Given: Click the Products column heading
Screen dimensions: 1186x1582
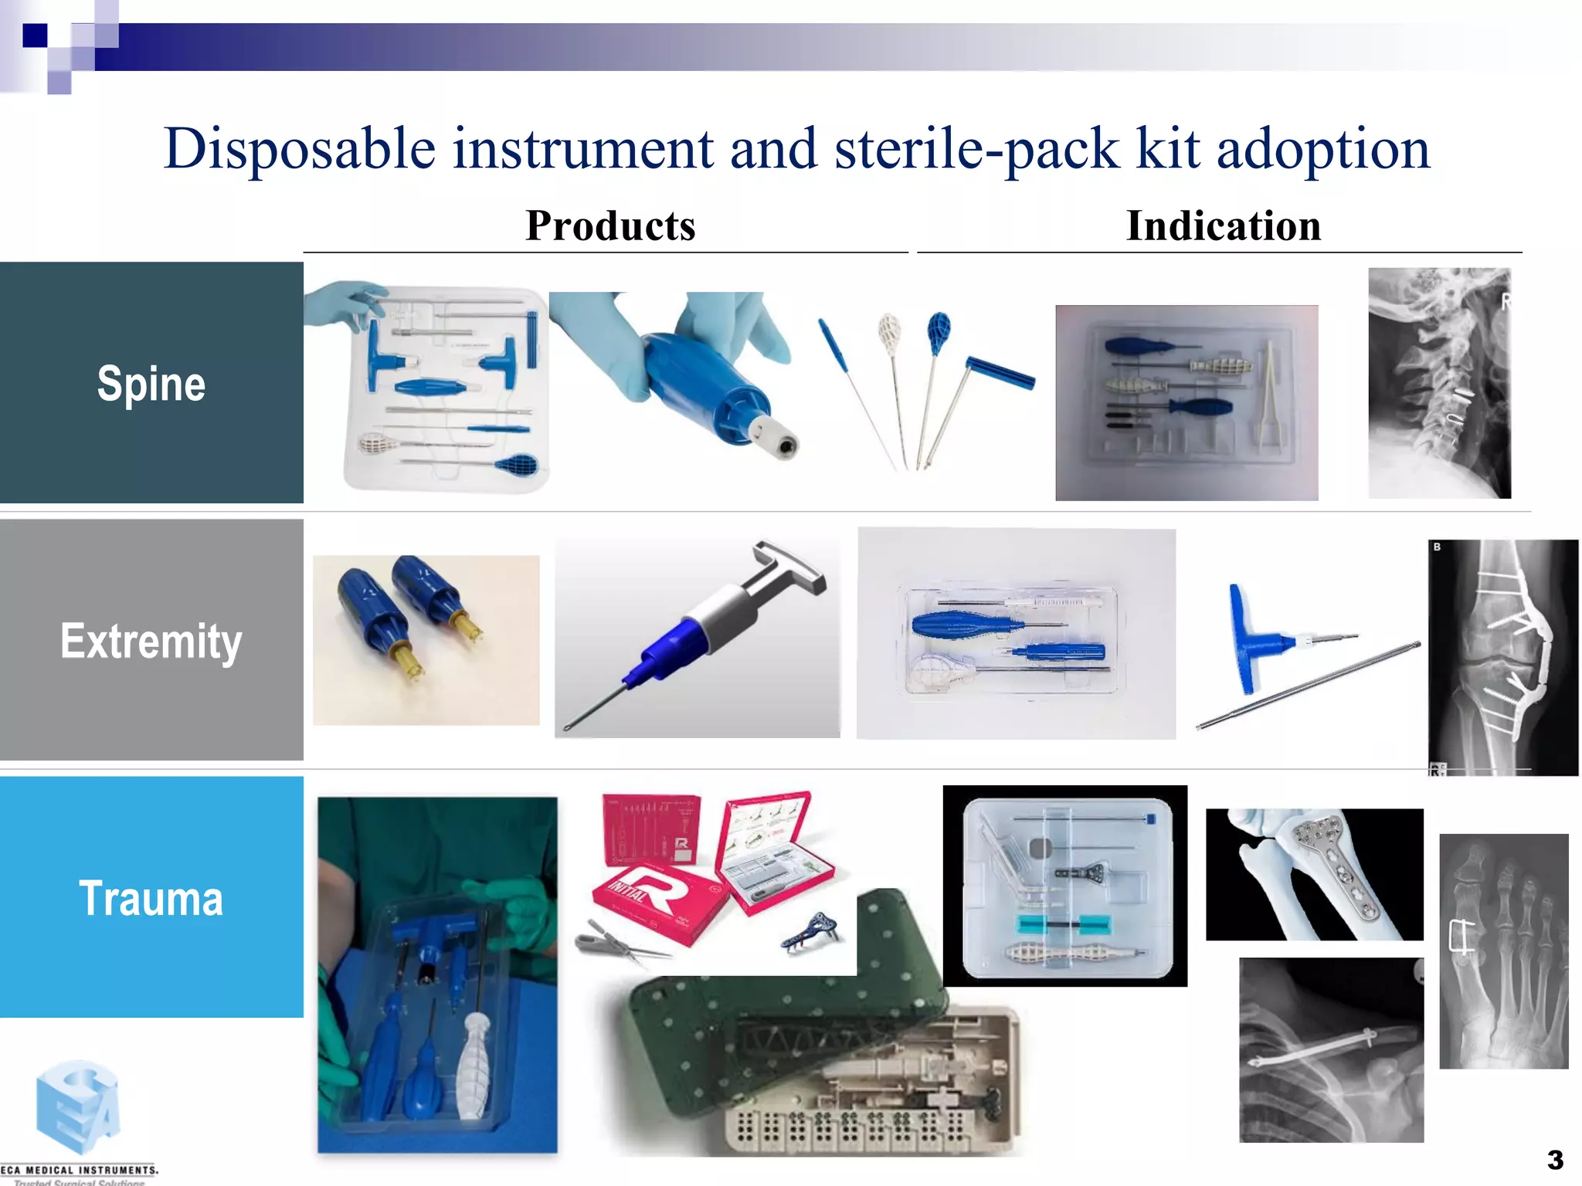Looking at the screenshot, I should (x=610, y=225).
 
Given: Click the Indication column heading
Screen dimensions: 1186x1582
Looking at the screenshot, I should (x=1224, y=225).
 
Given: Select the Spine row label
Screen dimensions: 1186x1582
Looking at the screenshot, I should (x=151, y=384).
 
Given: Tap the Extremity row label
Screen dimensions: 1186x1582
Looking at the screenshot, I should (x=151, y=641).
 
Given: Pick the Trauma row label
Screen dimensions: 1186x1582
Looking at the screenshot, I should (x=151, y=898).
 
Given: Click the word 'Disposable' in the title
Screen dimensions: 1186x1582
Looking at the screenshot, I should (x=300, y=148).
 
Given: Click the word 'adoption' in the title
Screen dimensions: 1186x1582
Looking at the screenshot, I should (x=1322, y=148).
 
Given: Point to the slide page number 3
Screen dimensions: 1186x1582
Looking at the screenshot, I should (x=1555, y=1160).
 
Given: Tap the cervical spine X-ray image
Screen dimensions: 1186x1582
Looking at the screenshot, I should (x=1439, y=382).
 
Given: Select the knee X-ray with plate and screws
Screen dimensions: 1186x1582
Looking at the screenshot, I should (x=1502, y=656).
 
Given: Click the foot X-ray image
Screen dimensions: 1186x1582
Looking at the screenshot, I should (x=1503, y=950).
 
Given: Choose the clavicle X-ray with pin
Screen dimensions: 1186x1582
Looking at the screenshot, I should (x=1331, y=1049).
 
